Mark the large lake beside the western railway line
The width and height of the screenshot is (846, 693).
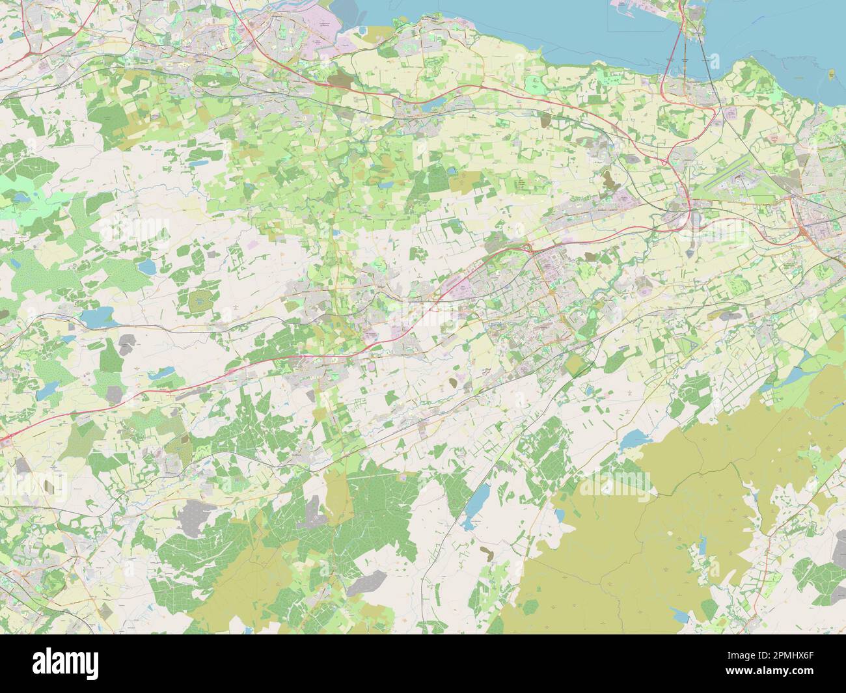(95, 318)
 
